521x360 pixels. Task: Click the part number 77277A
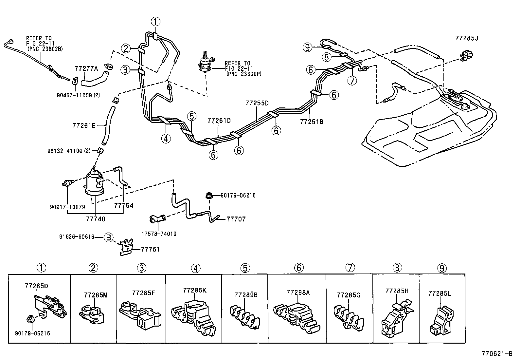click(x=86, y=68)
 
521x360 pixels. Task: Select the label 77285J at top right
click(x=466, y=38)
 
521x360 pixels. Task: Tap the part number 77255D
click(x=257, y=103)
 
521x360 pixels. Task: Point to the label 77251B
click(x=312, y=122)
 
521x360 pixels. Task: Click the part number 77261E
click(x=84, y=125)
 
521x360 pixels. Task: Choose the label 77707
click(x=236, y=219)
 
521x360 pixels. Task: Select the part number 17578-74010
click(x=159, y=234)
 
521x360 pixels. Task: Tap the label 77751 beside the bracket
click(x=150, y=249)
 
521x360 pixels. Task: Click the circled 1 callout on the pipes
click(x=155, y=22)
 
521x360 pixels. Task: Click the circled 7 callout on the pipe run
click(x=352, y=80)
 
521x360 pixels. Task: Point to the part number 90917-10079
click(x=67, y=207)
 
